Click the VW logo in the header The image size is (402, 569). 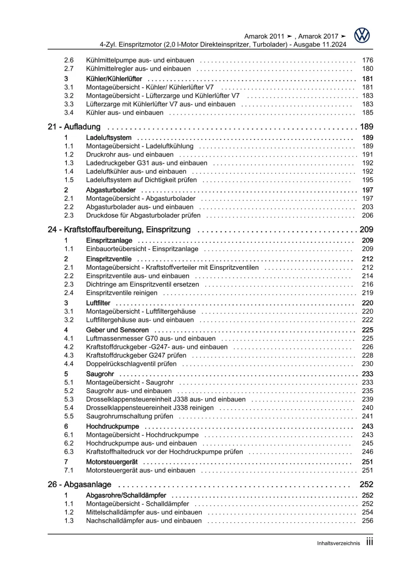tap(362, 36)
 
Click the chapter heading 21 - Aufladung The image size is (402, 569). tap(74, 127)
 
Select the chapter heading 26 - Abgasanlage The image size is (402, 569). tap(79, 484)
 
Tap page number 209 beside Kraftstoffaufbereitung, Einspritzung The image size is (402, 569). tap(366, 230)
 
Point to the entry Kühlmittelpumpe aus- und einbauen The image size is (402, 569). tap(140, 60)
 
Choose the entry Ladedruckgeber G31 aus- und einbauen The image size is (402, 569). tap(146, 163)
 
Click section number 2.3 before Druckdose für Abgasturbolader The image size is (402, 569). tap(69, 215)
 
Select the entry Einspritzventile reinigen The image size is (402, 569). tap(122, 293)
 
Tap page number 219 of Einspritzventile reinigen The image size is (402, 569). tap(367, 293)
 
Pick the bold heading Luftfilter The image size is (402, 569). tap(98, 303)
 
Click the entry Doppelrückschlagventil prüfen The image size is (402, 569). tap(131, 364)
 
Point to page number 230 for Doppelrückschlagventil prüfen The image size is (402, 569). tap(367, 364)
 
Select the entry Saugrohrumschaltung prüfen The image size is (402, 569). tap(130, 416)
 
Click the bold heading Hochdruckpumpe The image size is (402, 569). tap(113, 426)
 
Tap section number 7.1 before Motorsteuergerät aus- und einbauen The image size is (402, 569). tap(69, 470)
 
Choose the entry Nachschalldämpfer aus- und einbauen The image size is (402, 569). tap(144, 521)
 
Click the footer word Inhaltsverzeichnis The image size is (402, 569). tap(338, 543)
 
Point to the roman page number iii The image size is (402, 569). tap(369, 542)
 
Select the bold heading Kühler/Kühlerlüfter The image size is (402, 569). tap(114, 79)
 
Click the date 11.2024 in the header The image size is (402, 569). tap(334, 45)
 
